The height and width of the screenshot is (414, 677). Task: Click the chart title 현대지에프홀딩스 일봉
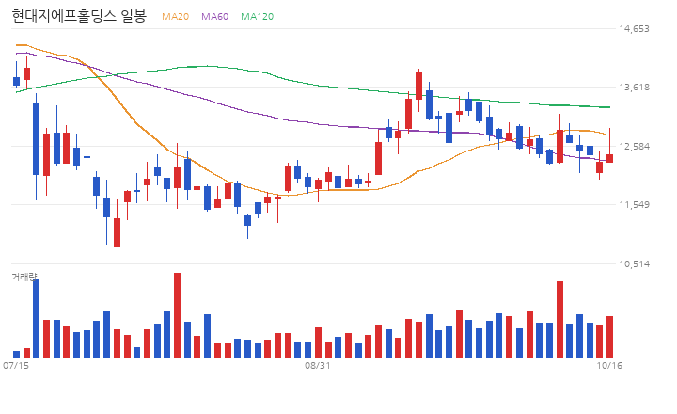[x=79, y=16]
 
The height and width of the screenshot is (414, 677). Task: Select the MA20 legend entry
[x=175, y=16]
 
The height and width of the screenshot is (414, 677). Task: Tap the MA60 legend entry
[x=214, y=16]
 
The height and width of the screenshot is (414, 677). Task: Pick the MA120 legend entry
[x=257, y=16]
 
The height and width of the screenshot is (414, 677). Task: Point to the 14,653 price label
[x=634, y=29]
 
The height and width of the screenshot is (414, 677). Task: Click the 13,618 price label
[x=634, y=88]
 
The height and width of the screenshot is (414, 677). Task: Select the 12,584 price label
[x=634, y=147]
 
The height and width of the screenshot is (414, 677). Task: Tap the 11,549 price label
[x=634, y=205]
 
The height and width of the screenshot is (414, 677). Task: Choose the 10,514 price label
[x=634, y=264]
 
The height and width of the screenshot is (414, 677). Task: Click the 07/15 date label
[x=16, y=366]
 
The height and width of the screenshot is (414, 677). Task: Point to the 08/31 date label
[x=318, y=366]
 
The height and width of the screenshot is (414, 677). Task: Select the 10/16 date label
[x=609, y=366]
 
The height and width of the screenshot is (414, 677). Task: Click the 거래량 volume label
[x=24, y=277]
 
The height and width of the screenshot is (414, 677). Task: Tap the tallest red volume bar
[x=177, y=315]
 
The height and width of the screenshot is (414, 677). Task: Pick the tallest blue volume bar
[x=37, y=319]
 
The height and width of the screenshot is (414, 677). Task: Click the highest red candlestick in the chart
[x=418, y=86]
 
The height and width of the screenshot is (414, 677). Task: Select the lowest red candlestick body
[x=117, y=233]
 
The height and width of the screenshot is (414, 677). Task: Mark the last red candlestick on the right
[x=609, y=159]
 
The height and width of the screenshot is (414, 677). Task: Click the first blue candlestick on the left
[x=16, y=81]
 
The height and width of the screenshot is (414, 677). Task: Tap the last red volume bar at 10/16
[x=609, y=337]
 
